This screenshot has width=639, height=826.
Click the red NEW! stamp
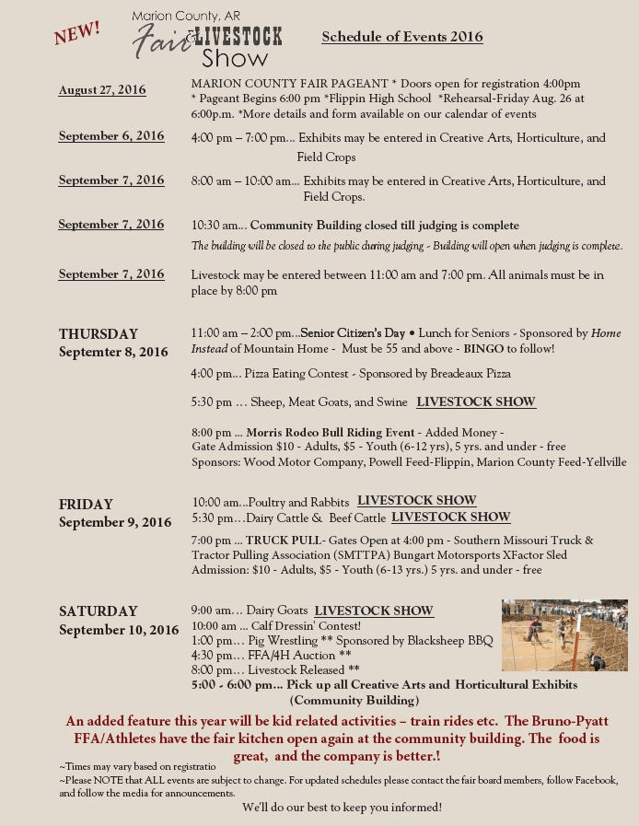77,32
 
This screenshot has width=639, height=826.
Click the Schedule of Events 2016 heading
401,37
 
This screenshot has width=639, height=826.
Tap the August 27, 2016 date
102,90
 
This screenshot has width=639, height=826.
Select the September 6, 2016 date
111,136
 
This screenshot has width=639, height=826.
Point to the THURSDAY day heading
99,334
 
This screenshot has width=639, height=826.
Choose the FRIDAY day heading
86,505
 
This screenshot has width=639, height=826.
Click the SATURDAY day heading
98,611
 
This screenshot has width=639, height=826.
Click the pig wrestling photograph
564,635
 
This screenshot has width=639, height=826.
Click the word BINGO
483,349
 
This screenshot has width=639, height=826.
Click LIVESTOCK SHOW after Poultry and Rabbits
416,501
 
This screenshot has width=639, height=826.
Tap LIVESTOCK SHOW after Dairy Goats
373,611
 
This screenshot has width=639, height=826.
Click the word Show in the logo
235,59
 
